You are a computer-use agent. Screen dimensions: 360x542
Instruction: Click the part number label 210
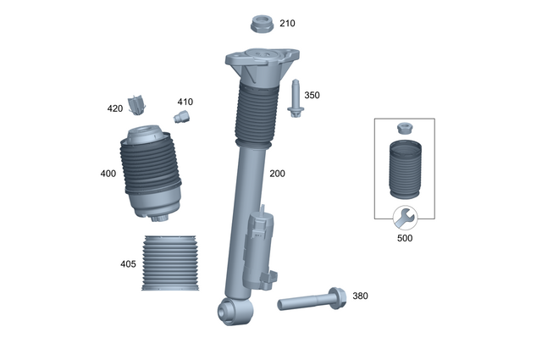[288, 23]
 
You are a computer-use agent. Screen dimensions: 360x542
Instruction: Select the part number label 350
[312, 96]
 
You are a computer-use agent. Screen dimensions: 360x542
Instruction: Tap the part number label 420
[115, 108]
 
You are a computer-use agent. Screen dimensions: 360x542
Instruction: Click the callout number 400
[108, 174]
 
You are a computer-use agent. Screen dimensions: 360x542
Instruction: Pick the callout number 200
[277, 174]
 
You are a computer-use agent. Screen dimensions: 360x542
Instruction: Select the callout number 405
[128, 264]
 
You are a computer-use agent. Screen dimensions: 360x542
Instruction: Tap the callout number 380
[360, 296]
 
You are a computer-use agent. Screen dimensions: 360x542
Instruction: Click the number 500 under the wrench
[406, 239]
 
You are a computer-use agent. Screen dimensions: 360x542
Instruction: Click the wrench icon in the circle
[405, 218]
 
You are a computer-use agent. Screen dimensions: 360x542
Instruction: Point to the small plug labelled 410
[181, 116]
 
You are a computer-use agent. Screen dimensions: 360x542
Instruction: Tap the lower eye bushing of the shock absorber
[229, 312]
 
